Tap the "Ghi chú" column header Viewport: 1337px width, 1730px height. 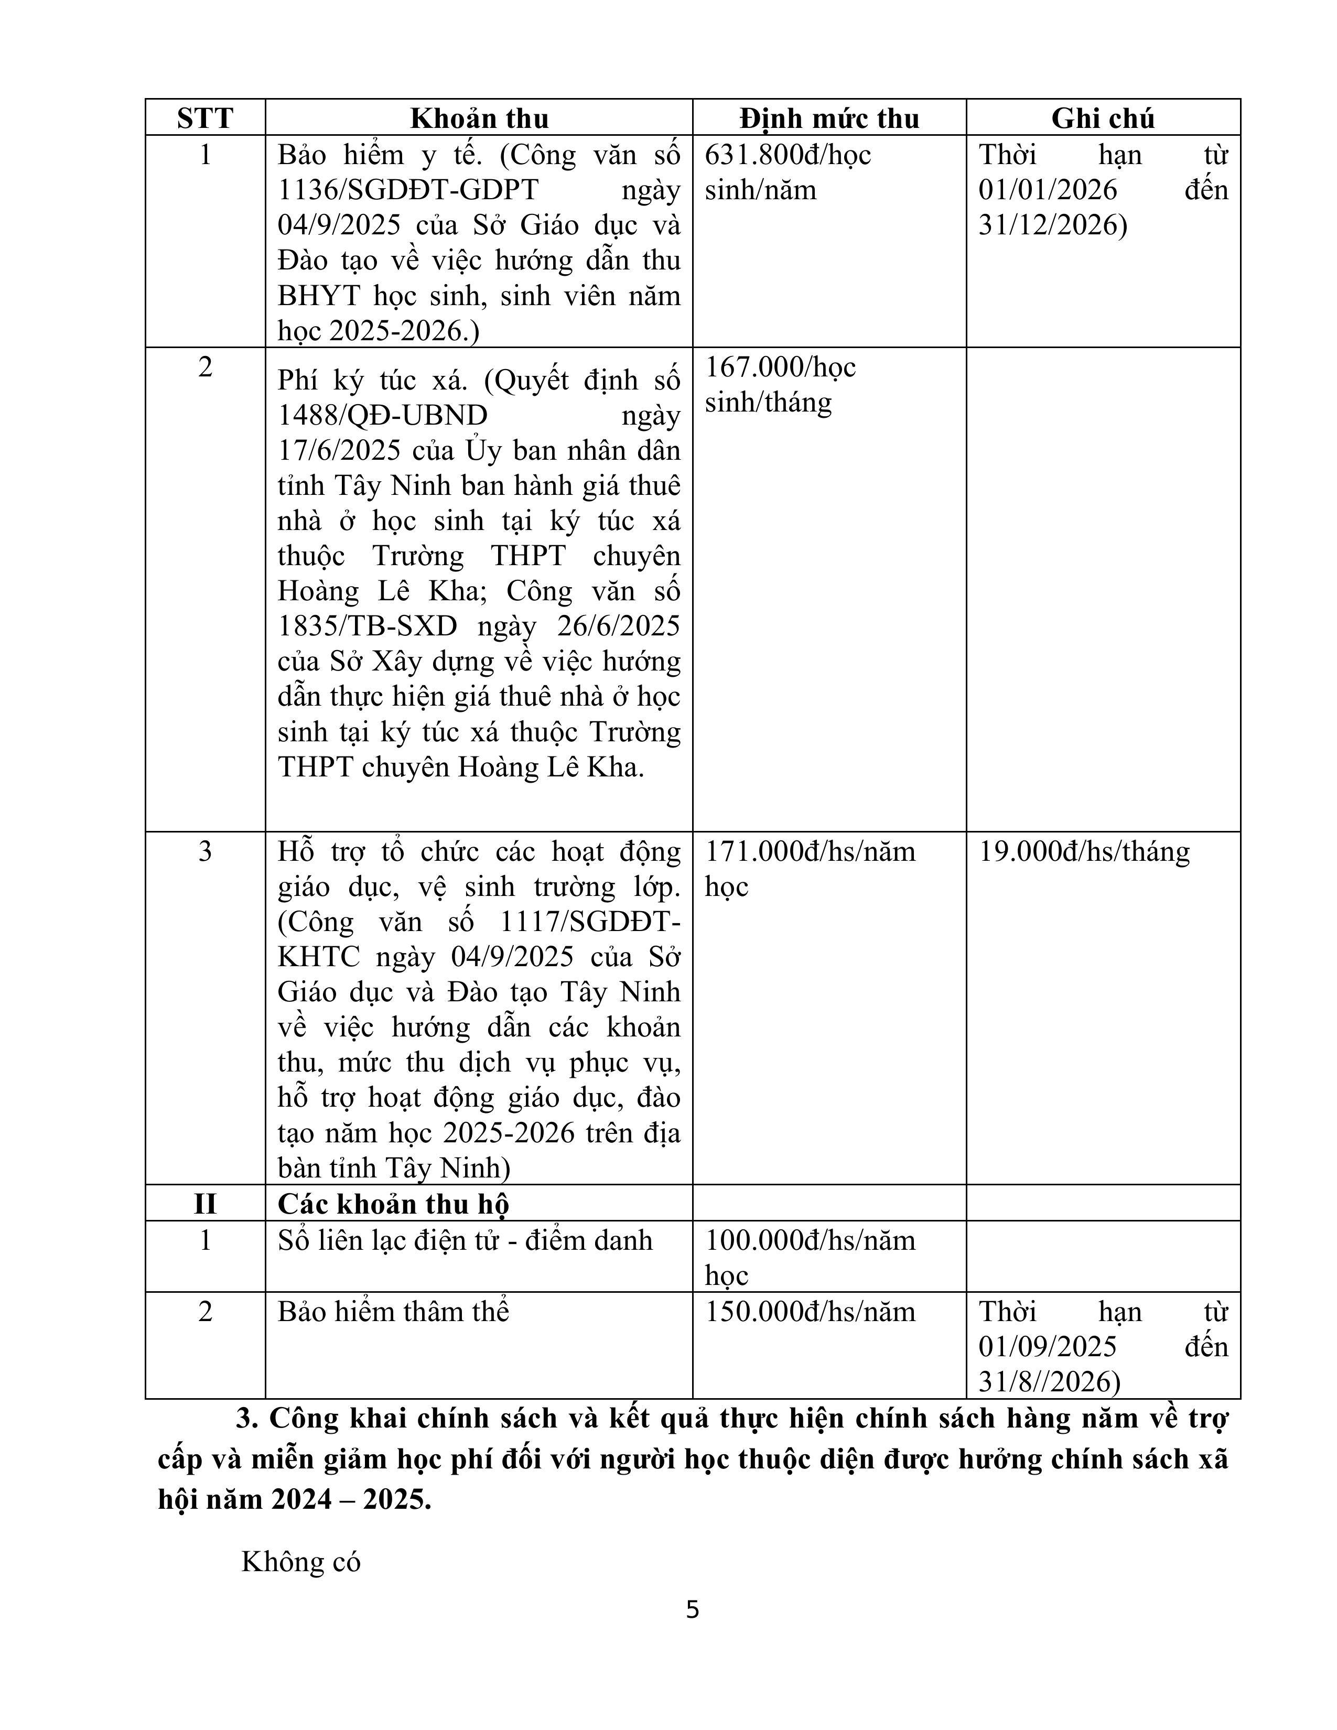[x=1103, y=118]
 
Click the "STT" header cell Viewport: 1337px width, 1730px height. [x=205, y=118]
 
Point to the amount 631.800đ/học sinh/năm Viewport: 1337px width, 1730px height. [x=788, y=172]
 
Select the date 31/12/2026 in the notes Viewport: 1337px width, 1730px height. [x=1051, y=226]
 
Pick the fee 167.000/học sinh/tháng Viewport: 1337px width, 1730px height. [x=780, y=385]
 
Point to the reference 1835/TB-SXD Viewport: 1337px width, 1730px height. [x=368, y=626]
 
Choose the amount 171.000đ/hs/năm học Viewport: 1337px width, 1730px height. [x=810, y=869]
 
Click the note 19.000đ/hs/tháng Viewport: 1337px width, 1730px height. [x=1084, y=851]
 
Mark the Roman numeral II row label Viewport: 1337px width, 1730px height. [x=205, y=1204]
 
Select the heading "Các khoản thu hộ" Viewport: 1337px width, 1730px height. [x=393, y=1204]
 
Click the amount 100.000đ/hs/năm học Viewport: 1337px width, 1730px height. [x=810, y=1257]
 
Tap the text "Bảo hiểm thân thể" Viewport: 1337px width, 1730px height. [x=393, y=1312]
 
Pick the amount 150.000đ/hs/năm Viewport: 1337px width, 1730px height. [x=810, y=1312]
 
